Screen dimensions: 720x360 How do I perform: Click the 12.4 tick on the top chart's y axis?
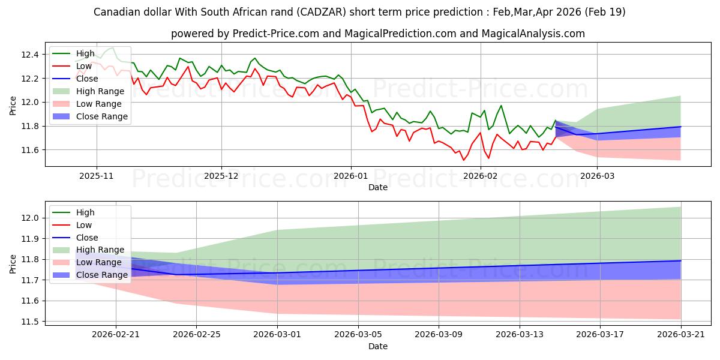coord(30,55)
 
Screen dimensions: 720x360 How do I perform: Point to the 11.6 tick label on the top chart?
coord(30,150)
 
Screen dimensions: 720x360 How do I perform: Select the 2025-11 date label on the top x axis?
coord(97,176)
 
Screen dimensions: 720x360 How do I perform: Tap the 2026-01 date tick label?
coord(351,176)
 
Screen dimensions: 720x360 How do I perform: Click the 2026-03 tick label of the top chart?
coord(597,176)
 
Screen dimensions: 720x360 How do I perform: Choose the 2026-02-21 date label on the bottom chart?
coord(116,335)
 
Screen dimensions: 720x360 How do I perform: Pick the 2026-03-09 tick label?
coord(439,335)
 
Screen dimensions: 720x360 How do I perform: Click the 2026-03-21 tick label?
coord(681,335)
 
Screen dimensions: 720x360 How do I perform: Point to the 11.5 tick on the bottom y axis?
coord(30,322)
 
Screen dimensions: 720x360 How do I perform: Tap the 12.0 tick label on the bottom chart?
coord(30,218)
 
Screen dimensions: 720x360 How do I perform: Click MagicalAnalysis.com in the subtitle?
coord(533,34)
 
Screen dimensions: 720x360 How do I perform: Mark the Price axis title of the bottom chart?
coord(13,264)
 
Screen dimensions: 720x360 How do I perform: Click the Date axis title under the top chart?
coord(378,187)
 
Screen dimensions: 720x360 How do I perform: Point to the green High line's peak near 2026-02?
coord(501,106)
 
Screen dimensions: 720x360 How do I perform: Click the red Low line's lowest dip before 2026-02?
coord(463,160)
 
